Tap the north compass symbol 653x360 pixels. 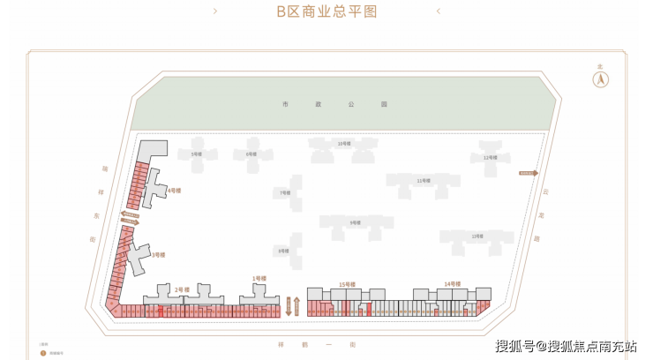[600, 79]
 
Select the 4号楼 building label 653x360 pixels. [175, 190]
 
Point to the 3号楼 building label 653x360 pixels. [158, 254]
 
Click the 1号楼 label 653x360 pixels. [259, 279]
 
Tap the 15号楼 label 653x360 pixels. [347, 284]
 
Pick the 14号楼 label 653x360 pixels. [453, 283]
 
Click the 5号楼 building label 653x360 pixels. [198, 154]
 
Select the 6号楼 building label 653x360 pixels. [251, 154]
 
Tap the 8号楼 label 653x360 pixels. [283, 251]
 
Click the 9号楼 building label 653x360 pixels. [355, 222]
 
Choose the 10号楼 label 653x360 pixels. [344, 143]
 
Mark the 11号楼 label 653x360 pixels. [424, 181]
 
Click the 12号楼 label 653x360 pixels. [491, 157]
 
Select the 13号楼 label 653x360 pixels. [477, 236]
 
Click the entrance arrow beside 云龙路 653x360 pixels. [528, 173]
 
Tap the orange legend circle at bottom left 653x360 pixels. [42, 352]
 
